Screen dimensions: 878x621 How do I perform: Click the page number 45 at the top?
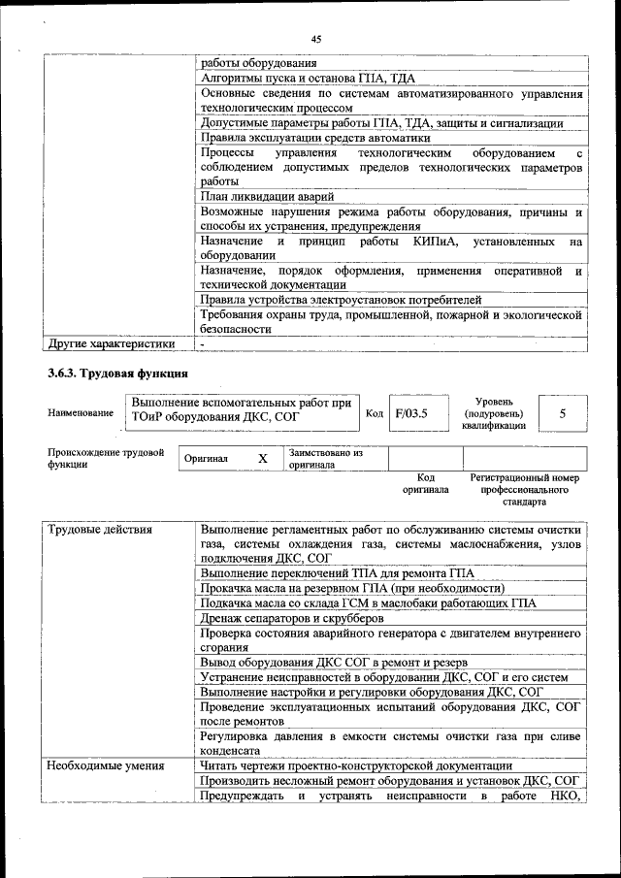(315, 39)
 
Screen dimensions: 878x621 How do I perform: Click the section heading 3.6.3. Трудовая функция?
(118, 374)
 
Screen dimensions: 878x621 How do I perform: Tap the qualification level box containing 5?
(563, 413)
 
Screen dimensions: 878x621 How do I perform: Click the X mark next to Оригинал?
(262, 458)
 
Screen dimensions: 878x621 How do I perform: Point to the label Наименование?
(80, 413)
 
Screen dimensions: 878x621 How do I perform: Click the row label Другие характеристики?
(112, 342)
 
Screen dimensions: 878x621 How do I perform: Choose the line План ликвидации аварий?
(267, 196)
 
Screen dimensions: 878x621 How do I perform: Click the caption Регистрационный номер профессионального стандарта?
(524, 490)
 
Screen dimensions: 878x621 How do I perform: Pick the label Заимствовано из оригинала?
(325, 459)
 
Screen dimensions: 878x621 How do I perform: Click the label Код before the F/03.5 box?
(375, 414)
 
